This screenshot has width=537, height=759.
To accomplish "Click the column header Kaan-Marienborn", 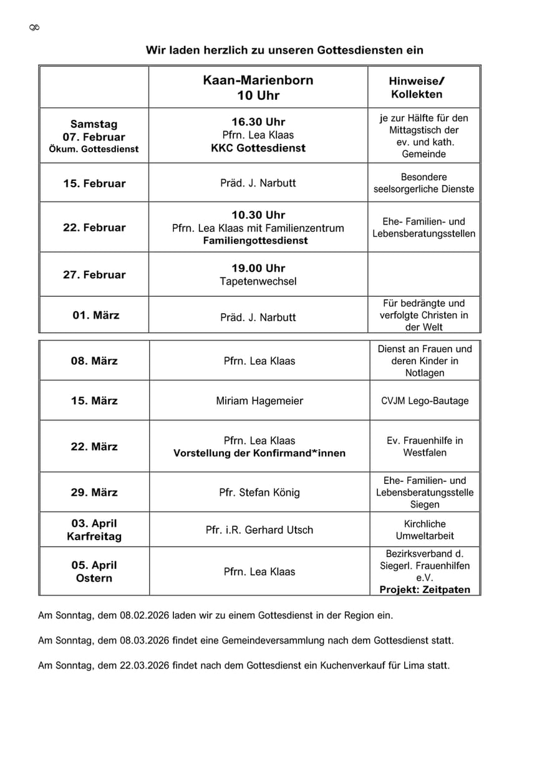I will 258,80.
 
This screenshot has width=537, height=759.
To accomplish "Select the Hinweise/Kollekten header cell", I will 417,88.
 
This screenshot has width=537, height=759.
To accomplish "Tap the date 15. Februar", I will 94,183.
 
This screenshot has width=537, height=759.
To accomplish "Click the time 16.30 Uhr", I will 258,122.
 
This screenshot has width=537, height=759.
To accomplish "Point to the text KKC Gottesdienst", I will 258,148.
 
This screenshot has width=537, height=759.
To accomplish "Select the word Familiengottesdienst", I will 255,241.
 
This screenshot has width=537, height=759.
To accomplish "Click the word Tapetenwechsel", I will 258,281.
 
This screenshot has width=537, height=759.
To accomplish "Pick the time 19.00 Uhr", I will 258,268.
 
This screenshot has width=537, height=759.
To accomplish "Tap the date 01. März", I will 95,315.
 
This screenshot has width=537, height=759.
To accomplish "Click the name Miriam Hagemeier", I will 259,401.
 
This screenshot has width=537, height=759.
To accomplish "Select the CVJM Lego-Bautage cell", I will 425,401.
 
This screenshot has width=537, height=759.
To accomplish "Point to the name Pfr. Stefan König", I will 259,493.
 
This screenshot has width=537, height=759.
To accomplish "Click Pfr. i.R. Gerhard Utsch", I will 259,530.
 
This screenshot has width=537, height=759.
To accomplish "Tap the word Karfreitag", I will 94,536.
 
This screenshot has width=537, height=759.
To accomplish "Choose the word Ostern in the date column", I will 94,578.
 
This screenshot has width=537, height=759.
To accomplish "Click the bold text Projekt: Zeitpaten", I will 425,589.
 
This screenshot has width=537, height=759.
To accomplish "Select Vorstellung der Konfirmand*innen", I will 259,453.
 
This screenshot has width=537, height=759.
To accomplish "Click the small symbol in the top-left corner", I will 34,27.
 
